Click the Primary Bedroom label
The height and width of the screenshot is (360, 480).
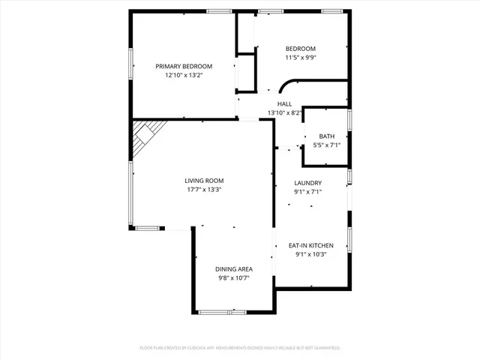click(x=184, y=65)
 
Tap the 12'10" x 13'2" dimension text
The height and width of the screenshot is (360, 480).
click(x=184, y=75)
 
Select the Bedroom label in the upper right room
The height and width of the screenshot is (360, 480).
click(x=300, y=49)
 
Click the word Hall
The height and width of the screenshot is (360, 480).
click(x=285, y=103)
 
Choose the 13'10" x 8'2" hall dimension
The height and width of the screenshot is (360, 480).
click(x=285, y=113)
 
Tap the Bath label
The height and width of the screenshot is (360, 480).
click(x=326, y=136)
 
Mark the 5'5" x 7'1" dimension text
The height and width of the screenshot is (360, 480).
click(x=326, y=145)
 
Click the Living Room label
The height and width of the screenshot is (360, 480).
click(x=204, y=180)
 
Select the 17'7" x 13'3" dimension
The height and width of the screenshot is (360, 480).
click(x=204, y=190)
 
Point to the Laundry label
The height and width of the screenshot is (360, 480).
click(x=308, y=182)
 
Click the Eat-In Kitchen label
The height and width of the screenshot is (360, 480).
click(x=311, y=244)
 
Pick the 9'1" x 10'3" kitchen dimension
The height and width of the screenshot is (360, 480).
click(x=311, y=254)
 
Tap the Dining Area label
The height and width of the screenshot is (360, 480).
click(x=234, y=268)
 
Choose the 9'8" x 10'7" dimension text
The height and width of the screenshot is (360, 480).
click(x=234, y=278)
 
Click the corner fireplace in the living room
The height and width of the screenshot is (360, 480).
click(x=144, y=136)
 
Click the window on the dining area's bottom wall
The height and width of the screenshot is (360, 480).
click(x=223, y=311)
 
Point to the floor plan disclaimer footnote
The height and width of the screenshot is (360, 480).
click(x=240, y=348)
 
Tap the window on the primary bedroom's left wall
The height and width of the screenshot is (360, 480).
click(x=132, y=67)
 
